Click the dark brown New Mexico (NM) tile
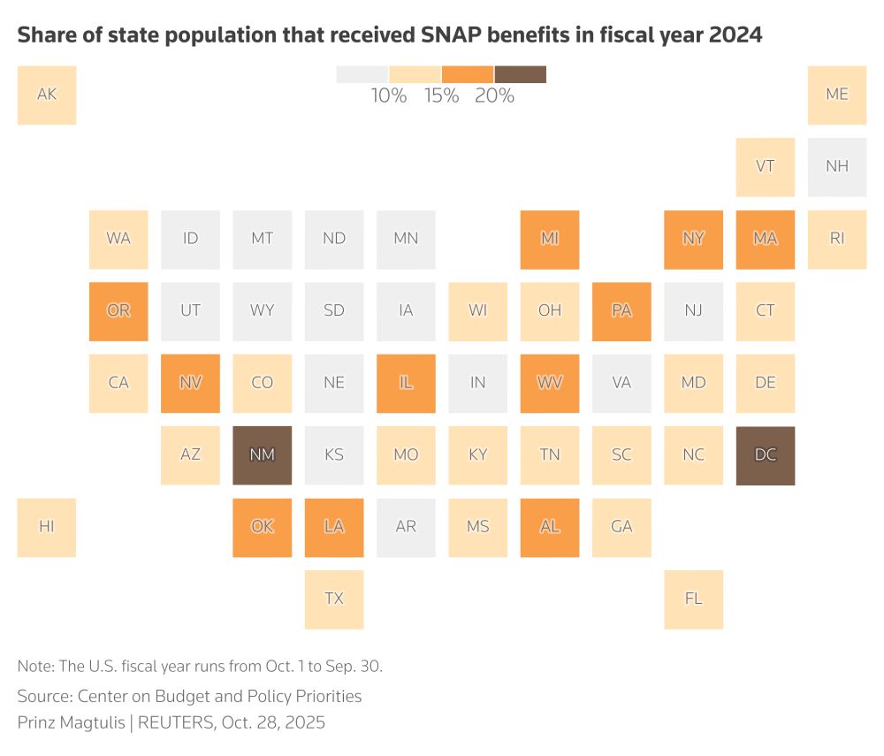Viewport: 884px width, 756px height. (x=263, y=455)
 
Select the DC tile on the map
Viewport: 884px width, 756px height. (x=766, y=455)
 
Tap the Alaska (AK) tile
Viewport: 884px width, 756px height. (x=47, y=95)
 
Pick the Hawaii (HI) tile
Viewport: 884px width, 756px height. (x=47, y=527)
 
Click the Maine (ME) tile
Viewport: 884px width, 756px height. (x=837, y=95)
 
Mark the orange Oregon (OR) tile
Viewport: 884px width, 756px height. (x=118, y=311)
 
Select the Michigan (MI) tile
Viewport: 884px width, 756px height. (x=550, y=239)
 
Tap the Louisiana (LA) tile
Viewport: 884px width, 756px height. (x=334, y=527)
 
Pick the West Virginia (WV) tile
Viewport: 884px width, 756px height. (x=550, y=383)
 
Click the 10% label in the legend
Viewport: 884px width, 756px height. (x=389, y=96)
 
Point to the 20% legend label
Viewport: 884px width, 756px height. (x=494, y=96)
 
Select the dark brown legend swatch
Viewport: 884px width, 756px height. (x=521, y=74)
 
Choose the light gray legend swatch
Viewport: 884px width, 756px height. (x=362, y=74)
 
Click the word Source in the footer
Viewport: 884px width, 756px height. (x=44, y=696)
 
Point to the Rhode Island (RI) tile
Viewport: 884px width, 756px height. (x=837, y=239)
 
